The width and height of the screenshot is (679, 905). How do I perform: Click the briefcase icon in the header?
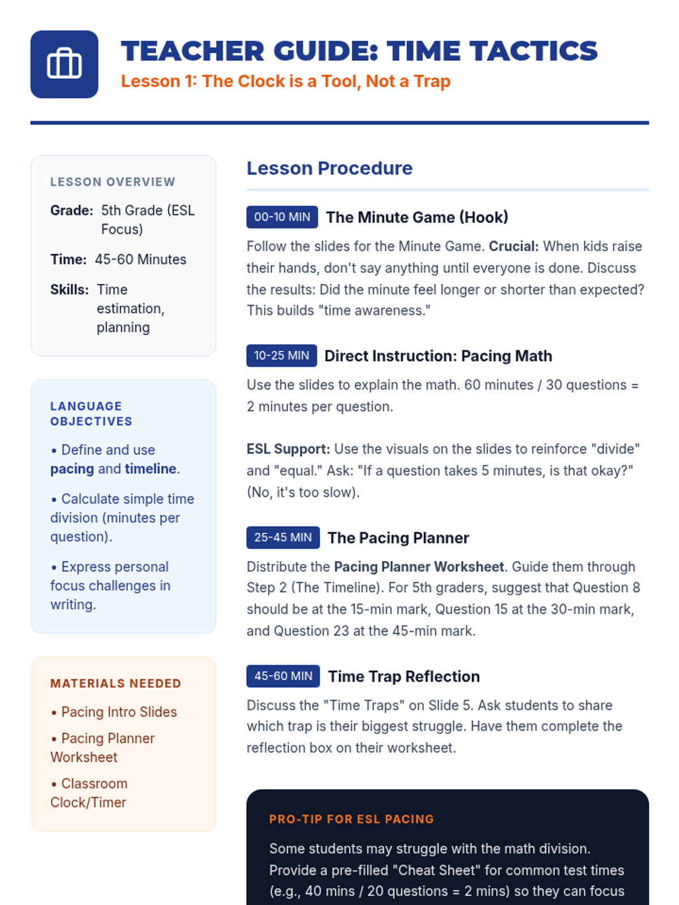click(x=64, y=64)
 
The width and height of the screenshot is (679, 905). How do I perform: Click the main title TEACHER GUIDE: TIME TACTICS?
click(x=359, y=51)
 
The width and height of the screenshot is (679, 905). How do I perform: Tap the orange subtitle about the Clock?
click(x=285, y=81)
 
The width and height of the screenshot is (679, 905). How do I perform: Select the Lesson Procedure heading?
click(x=329, y=168)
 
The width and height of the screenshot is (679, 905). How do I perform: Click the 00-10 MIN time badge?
click(x=282, y=217)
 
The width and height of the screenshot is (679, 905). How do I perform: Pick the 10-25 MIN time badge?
click(x=281, y=356)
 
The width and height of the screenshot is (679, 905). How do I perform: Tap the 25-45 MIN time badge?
click(x=283, y=537)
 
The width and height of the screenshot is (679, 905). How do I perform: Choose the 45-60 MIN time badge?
click(x=283, y=676)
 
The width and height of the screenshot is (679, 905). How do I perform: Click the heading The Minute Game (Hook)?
click(x=417, y=217)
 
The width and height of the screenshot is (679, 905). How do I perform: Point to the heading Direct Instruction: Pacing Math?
click(x=438, y=356)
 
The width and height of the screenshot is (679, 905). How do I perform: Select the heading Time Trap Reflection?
click(x=403, y=676)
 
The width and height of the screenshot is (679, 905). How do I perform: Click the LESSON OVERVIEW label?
click(x=113, y=182)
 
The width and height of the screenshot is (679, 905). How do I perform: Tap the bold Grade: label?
click(x=71, y=210)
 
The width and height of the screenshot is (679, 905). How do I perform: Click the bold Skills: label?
click(x=69, y=290)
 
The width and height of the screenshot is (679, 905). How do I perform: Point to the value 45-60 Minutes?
click(x=140, y=260)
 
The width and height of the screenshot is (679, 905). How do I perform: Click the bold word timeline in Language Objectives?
click(x=151, y=469)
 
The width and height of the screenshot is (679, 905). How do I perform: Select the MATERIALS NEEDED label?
click(x=115, y=683)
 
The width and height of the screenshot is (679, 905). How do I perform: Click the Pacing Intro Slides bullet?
click(x=118, y=712)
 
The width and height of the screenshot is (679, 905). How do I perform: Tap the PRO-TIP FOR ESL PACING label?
click(x=351, y=819)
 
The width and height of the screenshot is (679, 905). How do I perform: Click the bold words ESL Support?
click(x=288, y=449)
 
